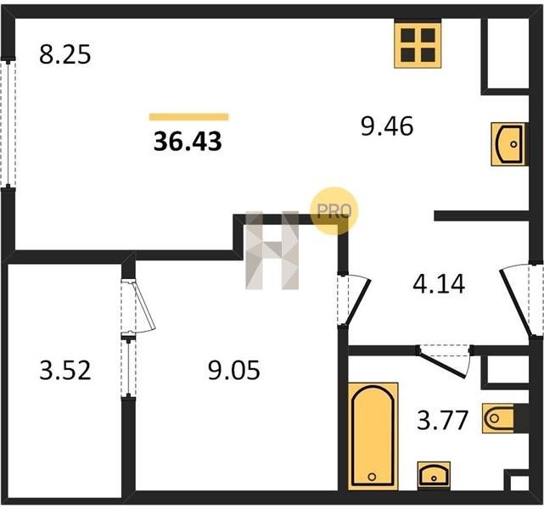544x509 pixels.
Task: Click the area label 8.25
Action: (64, 54)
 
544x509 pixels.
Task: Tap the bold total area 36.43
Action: (188, 142)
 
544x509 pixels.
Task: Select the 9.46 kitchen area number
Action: (387, 126)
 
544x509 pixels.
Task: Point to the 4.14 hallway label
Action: (439, 284)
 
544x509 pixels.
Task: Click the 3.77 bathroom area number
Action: (443, 420)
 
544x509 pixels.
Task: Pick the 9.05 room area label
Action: (234, 371)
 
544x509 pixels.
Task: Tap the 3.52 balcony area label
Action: (65, 371)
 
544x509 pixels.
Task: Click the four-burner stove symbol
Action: (418, 44)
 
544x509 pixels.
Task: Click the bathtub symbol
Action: (373, 436)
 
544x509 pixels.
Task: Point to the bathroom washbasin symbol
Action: (434, 475)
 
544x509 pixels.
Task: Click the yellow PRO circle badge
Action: (334, 211)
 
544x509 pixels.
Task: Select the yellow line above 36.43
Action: (189, 117)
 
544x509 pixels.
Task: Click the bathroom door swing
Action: (445, 361)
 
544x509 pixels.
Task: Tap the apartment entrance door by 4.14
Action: (519, 300)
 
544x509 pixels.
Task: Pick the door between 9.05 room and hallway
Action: (353, 299)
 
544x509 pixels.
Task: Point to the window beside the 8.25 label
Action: (8, 124)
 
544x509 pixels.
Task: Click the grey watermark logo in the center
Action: (272, 250)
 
